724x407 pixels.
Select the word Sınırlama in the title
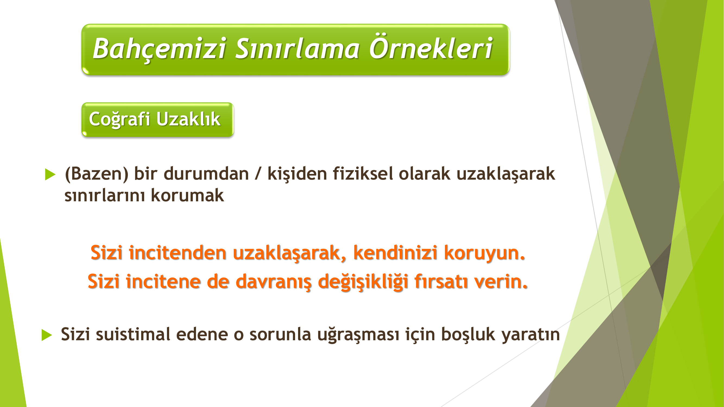[297, 48]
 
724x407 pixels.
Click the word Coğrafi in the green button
[119, 119]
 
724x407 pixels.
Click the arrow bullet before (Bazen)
[50, 174]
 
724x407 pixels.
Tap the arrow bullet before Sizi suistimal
[47, 335]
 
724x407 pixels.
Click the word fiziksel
[363, 173]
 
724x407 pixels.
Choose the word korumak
[188, 195]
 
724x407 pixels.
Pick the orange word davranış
[273, 282]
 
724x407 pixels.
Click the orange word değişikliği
[363, 282]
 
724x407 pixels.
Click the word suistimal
[133, 334]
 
